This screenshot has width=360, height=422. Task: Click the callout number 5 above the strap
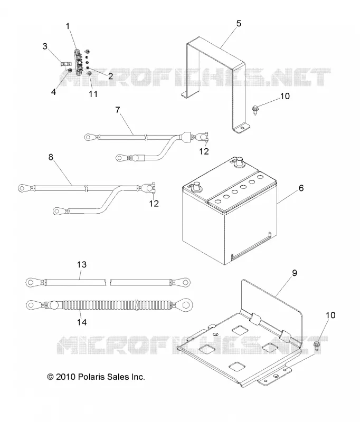[x=239, y=24]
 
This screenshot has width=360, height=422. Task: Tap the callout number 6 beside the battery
[x=301, y=188]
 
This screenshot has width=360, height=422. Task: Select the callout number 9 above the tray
[x=295, y=273]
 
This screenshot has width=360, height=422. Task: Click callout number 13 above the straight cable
[x=82, y=265]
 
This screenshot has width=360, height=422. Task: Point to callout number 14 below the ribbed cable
[x=82, y=322]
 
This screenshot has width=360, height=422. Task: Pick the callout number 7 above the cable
[x=118, y=110]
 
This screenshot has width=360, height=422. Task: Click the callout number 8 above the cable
[x=51, y=157]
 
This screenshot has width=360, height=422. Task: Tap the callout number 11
[x=93, y=94]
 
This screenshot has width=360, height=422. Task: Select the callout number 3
[x=45, y=46]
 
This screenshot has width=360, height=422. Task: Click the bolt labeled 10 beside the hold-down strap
[x=254, y=110]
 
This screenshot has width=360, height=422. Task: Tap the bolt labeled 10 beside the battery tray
[x=317, y=346]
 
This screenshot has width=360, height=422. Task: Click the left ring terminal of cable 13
[x=32, y=282]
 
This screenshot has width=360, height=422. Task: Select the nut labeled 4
[x=69, y=71]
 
